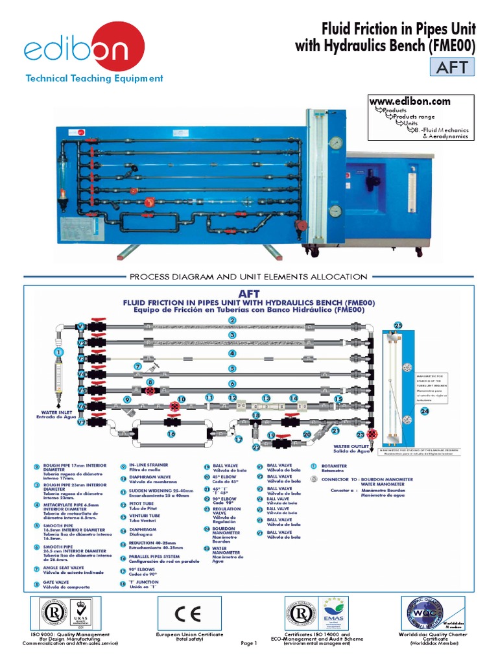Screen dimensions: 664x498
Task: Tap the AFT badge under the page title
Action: pos(452,67)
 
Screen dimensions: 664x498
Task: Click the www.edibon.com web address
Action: pos(410,101)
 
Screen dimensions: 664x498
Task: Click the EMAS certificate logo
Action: pos(333,613)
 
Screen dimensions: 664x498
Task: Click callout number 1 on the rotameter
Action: pos(59,351)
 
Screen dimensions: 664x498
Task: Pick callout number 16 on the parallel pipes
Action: pos(171,434)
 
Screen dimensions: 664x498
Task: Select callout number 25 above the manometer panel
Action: pos(398,325)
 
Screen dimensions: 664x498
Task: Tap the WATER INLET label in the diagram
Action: pos(55,413)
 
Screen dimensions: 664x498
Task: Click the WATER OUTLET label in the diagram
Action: pos(351,448)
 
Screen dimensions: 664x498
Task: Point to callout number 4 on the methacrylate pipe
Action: pos(231,353)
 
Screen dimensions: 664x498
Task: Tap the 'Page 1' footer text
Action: pos(249,643)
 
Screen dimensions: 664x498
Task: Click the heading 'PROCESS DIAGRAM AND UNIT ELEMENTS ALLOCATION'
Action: pos(248,277)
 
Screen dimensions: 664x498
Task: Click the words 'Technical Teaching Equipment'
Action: pos(94,78)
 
